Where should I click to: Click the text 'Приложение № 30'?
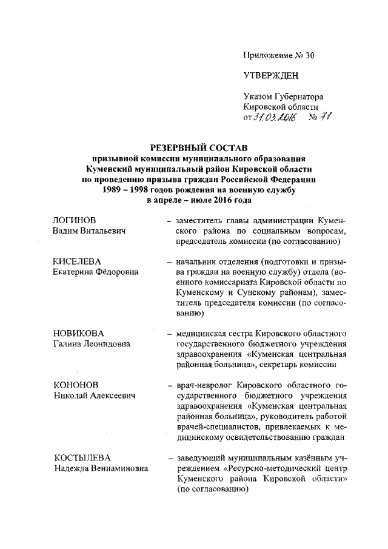pos(279,55)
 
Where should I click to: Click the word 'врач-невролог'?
pos(202,385)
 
